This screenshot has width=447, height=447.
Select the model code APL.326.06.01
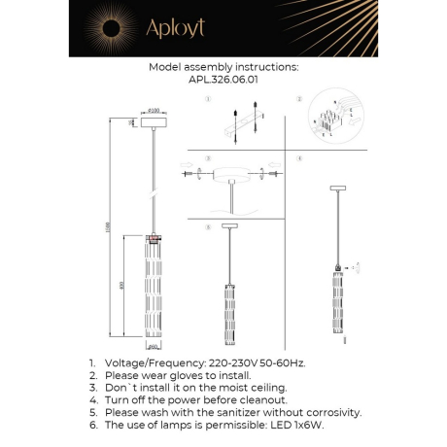223,82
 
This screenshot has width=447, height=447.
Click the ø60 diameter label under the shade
153,345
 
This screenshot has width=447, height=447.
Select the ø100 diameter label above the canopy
154,113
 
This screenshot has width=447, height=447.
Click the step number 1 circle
208,100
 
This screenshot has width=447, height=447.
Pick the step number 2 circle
300,100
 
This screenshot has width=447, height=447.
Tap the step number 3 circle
208,157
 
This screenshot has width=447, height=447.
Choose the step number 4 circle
300,157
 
